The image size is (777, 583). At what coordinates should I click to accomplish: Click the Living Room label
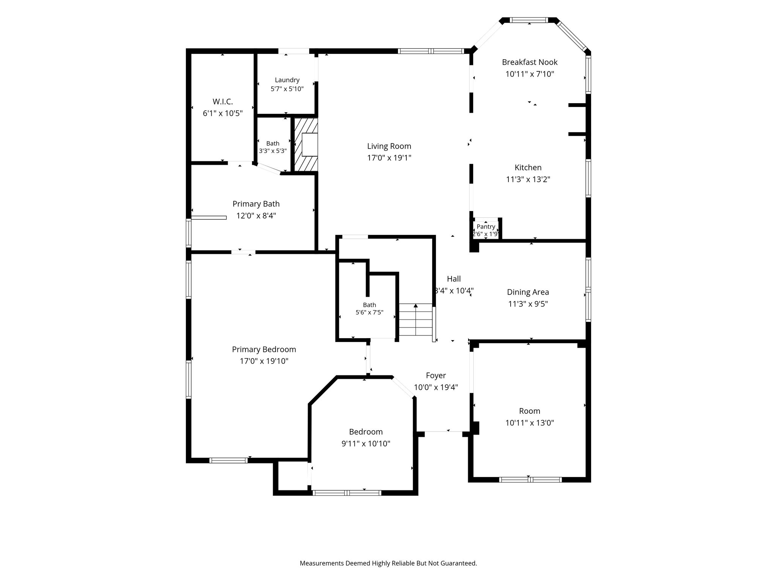tap(389, 146)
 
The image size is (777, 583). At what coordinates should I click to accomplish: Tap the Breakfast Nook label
tap(530, 62)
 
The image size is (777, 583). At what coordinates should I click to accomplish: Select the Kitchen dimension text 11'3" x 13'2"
tap(528, 179)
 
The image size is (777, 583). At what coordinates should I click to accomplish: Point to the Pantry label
tap(486, 227)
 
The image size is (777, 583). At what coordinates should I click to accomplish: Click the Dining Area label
tap(528, 292)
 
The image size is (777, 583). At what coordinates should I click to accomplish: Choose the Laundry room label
tap(287, 80)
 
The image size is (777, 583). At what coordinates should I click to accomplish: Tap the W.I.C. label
tap(223, 101)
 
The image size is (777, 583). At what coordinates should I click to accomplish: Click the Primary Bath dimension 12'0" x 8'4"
tap(256, 216)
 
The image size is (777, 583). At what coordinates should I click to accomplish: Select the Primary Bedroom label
tap(264, 349)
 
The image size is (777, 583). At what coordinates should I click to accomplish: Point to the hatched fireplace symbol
tap(306, 144)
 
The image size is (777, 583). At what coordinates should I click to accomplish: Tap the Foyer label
tap(436, 375)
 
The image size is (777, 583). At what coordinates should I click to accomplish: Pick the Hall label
tap(454, 279)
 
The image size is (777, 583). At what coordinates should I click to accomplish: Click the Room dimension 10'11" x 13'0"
tap(530, 423)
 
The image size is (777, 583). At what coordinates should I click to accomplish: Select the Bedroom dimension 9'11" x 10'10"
tap(366, 444)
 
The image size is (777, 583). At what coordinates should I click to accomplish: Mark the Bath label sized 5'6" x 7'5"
tap(370, 305)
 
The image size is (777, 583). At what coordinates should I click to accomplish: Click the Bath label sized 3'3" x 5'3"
tap(273, 143)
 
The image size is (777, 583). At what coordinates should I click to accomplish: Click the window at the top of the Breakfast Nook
tap(529, 20)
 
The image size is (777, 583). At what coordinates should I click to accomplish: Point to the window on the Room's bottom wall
tap(530, 480)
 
